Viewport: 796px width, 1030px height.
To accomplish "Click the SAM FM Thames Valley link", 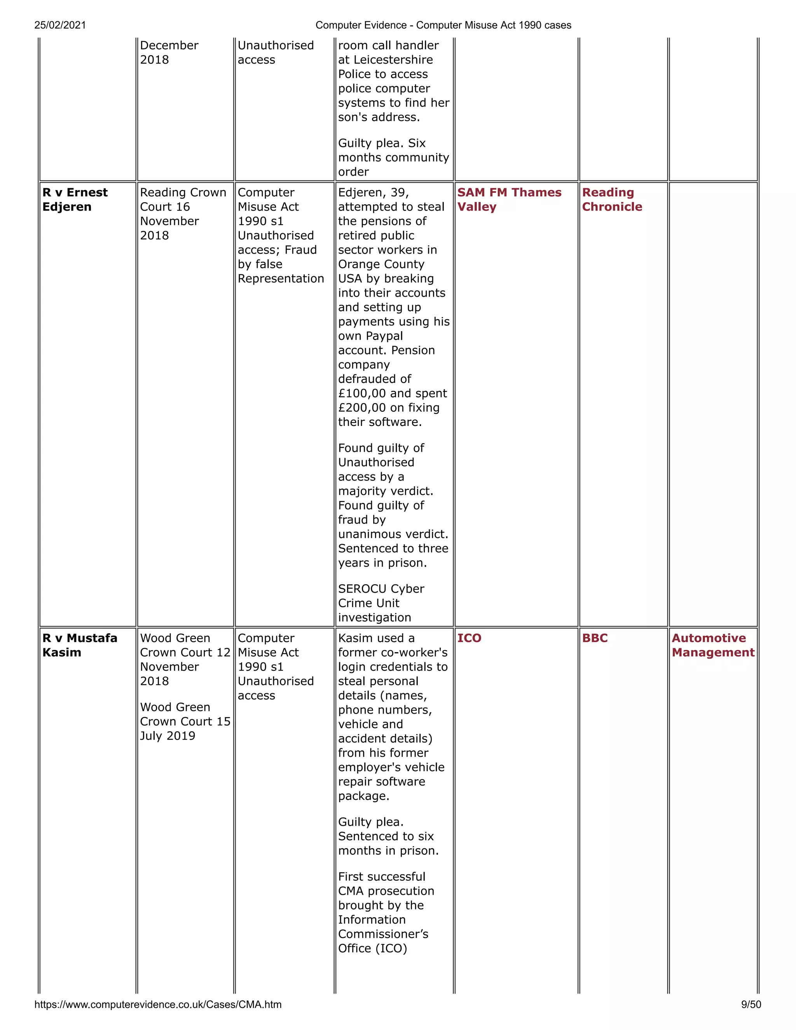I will tap(509, 199).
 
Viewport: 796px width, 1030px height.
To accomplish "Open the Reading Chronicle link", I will tap(612, 199).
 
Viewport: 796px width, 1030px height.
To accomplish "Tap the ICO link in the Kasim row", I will tap(469, 638).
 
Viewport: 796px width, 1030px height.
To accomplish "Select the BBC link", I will tap(595, 638).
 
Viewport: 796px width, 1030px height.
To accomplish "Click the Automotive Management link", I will tap(712, 645).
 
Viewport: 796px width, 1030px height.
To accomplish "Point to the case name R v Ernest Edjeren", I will tap(75, 199).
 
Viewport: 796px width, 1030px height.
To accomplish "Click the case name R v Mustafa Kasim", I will tap(79, 645).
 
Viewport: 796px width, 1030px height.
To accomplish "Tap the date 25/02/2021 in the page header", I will tap(60, 25).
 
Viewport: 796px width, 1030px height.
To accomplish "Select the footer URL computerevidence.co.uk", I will tap(157, 1004).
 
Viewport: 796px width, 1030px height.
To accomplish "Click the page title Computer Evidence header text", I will tap(443, 25).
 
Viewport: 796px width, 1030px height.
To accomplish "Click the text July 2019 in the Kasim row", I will tap(168, 736).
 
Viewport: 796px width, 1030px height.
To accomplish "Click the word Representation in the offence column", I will tap(281, 279).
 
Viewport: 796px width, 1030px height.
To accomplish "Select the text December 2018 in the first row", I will tap(168, 52).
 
